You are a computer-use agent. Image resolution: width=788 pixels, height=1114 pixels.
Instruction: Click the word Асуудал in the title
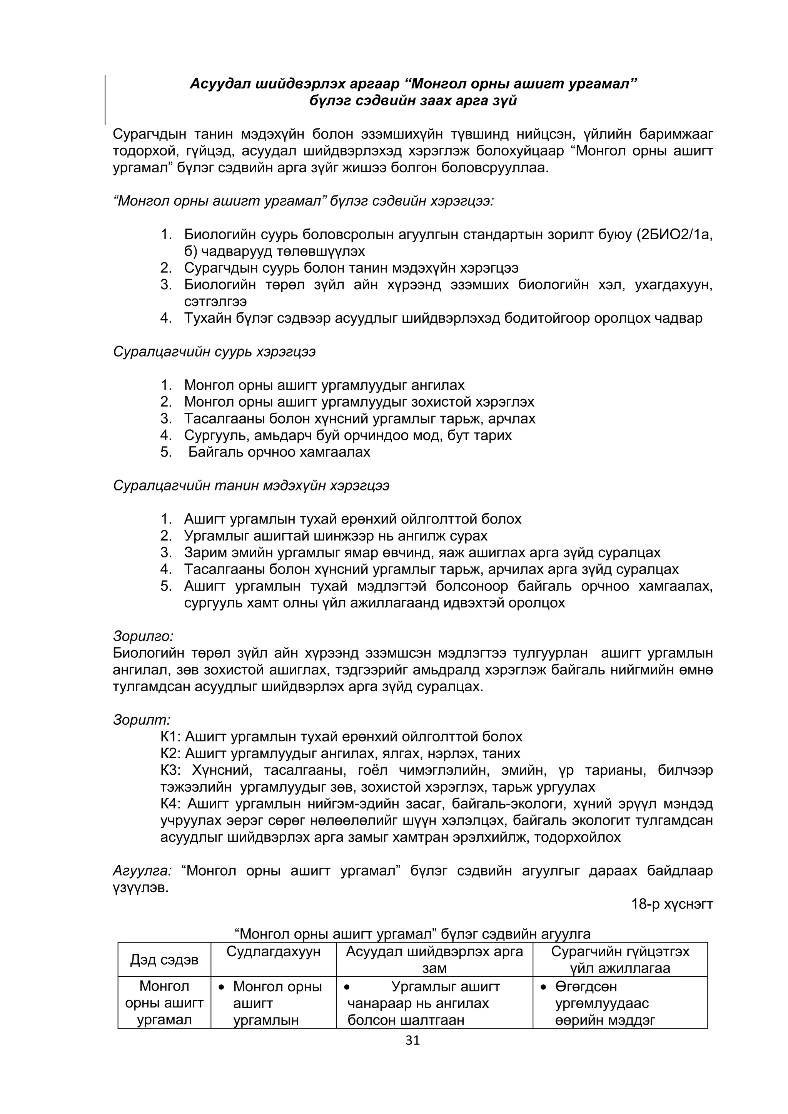[x=219, y=84]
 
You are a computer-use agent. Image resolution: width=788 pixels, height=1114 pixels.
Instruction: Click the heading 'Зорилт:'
[x=142, y=720]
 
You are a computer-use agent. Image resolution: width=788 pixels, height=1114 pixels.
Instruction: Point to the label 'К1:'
[x=170, y=737]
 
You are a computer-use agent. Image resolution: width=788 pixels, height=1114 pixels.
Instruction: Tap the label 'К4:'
[x=170, y=804]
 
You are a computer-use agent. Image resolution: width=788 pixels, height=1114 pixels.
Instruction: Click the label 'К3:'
[x=170, y=770]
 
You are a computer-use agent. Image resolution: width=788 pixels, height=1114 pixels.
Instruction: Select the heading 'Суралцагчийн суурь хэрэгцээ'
[x=214, y=352]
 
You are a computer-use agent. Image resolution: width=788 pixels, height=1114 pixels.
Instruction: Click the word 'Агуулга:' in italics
[x=142, y=871]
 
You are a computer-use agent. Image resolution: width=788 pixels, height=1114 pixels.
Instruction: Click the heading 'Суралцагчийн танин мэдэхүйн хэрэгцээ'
[x=251, y=486]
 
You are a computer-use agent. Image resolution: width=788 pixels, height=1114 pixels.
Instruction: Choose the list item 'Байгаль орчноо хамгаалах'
[x=279, y=452]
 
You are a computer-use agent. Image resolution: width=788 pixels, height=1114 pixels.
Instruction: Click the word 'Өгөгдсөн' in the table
[x=586, y=986]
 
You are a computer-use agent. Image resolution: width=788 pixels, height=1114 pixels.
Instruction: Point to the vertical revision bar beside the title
[x=105, y=100]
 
